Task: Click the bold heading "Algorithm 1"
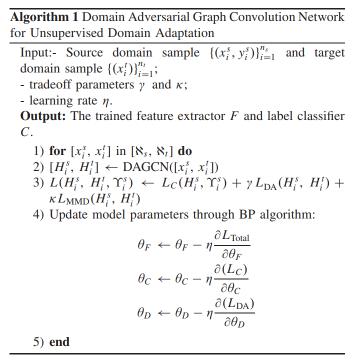44,17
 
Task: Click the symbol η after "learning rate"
105,101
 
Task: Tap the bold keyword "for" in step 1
57,150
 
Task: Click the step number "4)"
39,216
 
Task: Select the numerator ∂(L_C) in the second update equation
231,269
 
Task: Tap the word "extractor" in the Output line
214,116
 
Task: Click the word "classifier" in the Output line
318,116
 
